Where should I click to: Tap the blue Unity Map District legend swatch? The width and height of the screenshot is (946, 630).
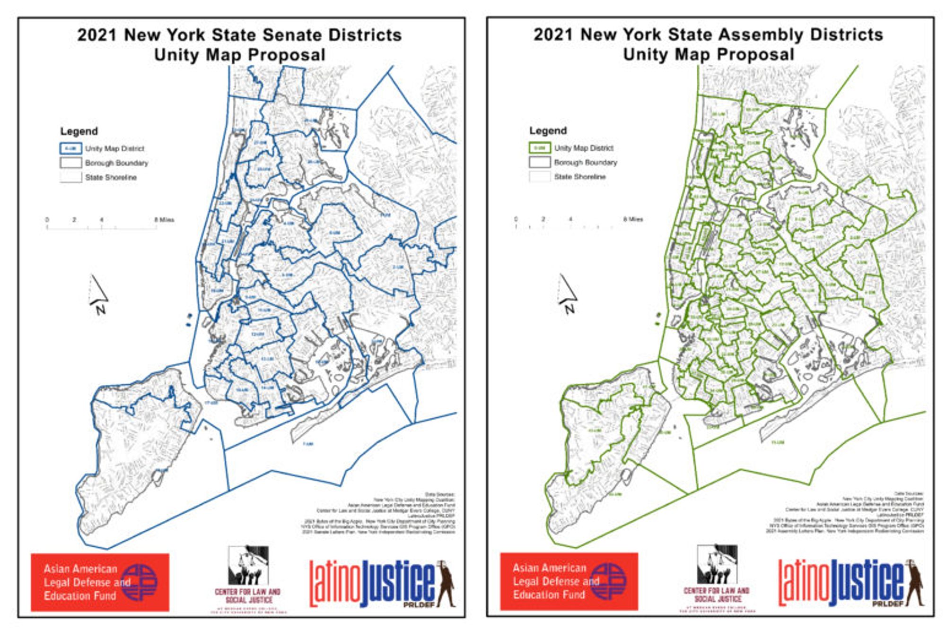point(70,148)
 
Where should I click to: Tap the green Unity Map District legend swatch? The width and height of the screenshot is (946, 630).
point(539,148)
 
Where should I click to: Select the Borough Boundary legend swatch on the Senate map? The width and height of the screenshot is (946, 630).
point(70,163)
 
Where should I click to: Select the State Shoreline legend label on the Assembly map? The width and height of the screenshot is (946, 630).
point(580,177)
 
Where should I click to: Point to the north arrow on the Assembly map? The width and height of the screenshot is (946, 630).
point(568,293)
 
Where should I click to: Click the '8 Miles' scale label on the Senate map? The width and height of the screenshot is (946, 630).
point(164,220)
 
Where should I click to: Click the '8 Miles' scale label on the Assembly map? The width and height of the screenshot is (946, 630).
point(633,219)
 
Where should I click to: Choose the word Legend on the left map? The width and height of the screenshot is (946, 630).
point(79,131)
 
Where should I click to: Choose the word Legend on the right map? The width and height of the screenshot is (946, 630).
point(548,131)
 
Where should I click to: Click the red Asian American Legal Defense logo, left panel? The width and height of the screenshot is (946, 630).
point(100,582)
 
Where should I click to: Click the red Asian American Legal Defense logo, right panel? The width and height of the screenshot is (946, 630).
point(569,581)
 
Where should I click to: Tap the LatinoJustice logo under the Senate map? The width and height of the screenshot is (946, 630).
point(381,584)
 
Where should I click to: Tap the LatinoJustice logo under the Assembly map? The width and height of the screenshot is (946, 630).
point(850,583)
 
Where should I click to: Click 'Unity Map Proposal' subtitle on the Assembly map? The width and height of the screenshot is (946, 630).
point(708,55)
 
